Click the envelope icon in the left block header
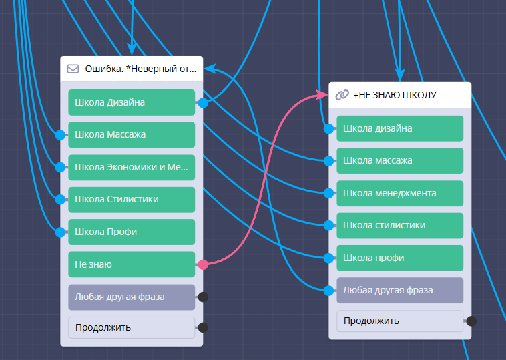[x=73, y=68]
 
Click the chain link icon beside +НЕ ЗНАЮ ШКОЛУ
[x=342, y=95]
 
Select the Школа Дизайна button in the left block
[x=131, y=103]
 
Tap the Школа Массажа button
[x=131, y=135]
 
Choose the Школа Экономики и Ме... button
[x=131, y=167]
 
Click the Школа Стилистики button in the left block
[x=131, y=199]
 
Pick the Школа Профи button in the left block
[x=131, y=232]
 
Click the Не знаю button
[x=131, y=264]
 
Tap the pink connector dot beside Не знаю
[x=203, y=264]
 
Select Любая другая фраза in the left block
[x=131, y=297]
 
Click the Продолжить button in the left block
[x=131, y=327]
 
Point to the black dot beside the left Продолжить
[x=204, y=327]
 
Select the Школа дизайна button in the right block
[x=399, y=128]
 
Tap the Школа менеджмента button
[x=399, y=193]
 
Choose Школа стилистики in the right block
[x=399, y=225]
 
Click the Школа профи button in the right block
[x=399, y=258]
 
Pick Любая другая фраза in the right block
[x=399, y=290]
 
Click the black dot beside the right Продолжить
[x=471, y=321]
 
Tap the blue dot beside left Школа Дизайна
[x=203, y=103]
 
